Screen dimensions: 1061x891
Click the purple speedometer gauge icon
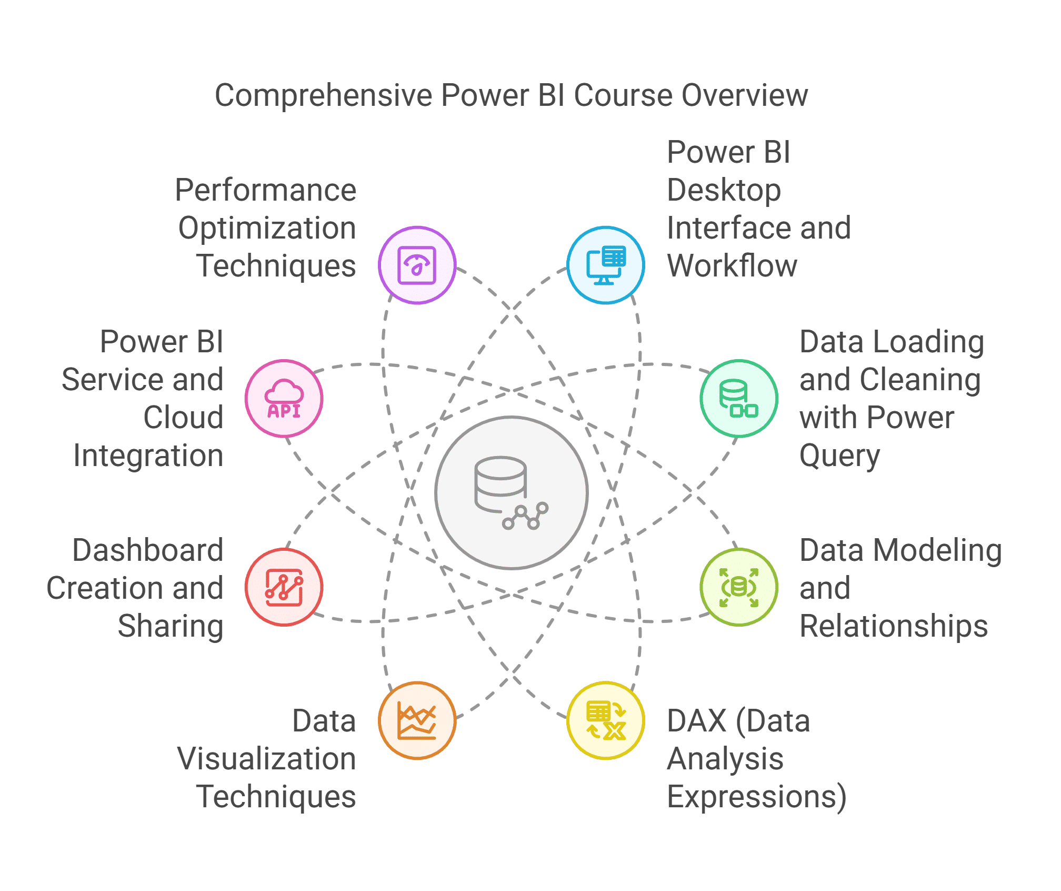click(x=417, y=265)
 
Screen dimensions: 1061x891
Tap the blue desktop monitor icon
click(x=606, y=265)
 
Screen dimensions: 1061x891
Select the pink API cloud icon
click(x=284, y=399)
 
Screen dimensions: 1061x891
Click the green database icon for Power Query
click(x=739, y=398)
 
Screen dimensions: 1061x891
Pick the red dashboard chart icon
click(x=284, y=587)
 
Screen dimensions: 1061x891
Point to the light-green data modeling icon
click(x=739, y=587)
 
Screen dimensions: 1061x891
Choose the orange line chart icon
click(x=417, y=720)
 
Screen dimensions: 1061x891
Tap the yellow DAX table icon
click(x=606, y=720)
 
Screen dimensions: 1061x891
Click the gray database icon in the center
click(x=511, y=493)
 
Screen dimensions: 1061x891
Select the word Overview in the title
click(x=745, y=95)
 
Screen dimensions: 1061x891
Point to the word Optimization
click(x=267, y=229)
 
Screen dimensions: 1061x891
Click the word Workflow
click(x=732, y=265)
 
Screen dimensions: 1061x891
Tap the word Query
click(x=839, y=456)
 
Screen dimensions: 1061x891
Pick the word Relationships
click(x=894, y=627)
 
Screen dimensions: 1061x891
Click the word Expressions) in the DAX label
click(x=757, y=796)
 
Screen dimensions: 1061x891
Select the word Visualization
click(x=267, y=759)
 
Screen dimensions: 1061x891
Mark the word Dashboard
click(x=148, y=550)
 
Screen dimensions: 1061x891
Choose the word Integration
click(x=148, y=456)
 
